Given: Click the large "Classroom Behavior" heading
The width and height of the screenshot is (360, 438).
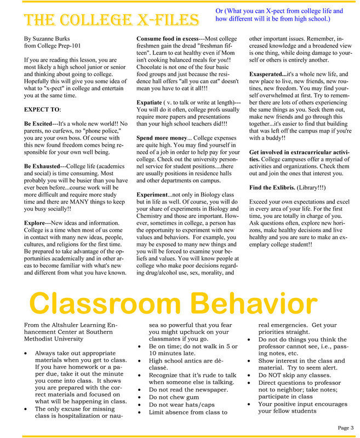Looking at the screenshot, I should (179, 303).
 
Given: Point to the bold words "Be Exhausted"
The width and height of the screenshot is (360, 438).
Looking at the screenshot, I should (44, 165).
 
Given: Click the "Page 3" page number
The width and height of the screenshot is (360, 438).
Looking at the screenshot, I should (345, 427).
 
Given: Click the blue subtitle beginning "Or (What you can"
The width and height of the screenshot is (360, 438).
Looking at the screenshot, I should (278, 15).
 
